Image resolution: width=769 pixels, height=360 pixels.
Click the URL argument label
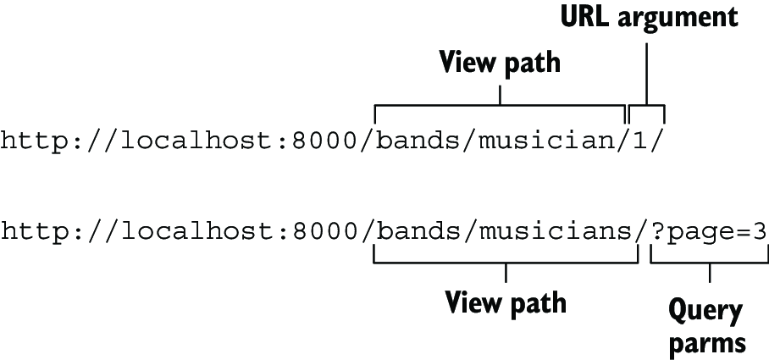[649, 19]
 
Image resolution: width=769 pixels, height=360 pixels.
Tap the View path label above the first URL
[500, 64]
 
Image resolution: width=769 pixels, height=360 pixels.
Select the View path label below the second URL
[505, 303]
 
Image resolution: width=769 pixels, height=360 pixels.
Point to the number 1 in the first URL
[640, 141]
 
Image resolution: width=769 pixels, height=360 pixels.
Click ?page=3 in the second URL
[709, 232]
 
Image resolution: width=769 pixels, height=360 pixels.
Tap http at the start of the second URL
[35, 232]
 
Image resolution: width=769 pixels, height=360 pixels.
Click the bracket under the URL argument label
[647, 105]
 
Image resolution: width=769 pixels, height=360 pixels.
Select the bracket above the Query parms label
[709, 263]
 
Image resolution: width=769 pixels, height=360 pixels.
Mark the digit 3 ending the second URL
[760, 231]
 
